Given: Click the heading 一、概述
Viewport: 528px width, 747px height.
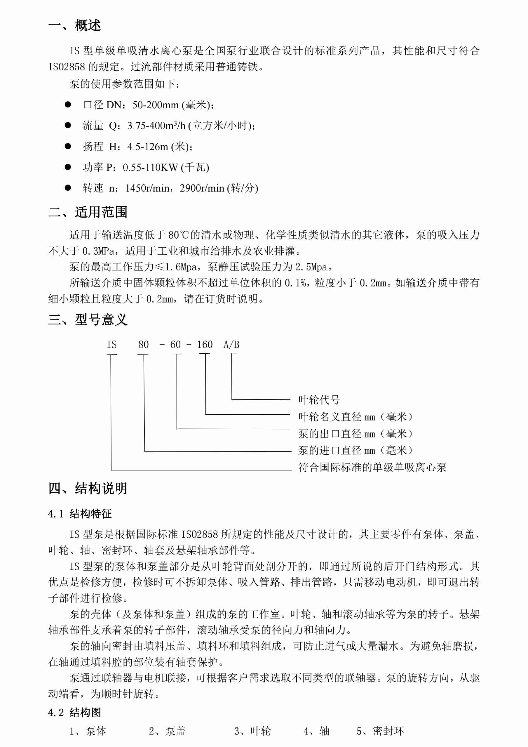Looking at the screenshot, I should click(74, 25).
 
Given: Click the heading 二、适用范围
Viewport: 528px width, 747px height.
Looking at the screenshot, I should click(88, 212).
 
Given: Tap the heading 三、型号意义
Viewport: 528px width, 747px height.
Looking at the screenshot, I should click(88, 319).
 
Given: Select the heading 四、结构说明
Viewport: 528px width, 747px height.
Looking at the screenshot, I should click(88, 488).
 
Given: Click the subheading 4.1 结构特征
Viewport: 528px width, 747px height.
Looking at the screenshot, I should click(80, 514).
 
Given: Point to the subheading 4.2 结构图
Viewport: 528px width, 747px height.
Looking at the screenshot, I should click(74, 712).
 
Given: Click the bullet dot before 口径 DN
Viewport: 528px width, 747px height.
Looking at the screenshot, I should click(68, 105).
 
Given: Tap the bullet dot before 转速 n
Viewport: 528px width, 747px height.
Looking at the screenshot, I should click(68, 188).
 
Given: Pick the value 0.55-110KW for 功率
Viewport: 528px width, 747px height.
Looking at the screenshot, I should click(150, 168).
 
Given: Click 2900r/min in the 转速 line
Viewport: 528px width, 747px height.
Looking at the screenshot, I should click(202, 188).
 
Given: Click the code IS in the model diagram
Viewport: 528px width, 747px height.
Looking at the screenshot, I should click(111, 345).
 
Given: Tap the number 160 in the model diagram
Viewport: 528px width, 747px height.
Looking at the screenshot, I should click(205, 345).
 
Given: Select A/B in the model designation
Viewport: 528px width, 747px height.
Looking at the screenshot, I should click(231, 345).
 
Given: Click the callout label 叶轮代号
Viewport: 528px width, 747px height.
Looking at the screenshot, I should click(319, 399).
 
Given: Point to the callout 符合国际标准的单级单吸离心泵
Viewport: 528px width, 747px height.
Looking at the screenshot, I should click(372, 467).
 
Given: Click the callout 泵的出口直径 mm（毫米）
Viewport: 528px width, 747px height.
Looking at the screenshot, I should click(356, 434).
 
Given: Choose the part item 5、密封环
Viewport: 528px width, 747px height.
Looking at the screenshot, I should click(380, 731).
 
